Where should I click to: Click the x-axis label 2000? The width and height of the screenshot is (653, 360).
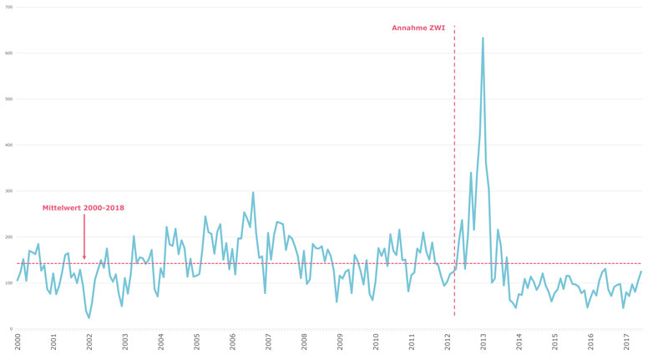[x=18, y=342]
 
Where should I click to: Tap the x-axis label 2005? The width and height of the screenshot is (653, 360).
[x=197, y=342]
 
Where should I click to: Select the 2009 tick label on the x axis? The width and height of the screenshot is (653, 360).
[x=341, y=342]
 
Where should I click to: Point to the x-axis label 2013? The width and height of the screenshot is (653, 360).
[x=483, y=342]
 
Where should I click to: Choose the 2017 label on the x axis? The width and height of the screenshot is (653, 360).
[x=627, y=342]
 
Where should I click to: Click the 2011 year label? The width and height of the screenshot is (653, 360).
[x=413, y=342]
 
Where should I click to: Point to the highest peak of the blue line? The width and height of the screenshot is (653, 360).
[x=483, y=38]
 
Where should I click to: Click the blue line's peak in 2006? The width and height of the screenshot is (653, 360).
[x=253, y=193]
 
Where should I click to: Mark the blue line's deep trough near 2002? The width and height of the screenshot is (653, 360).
[x=89, y=317]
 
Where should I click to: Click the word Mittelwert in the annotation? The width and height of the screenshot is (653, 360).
[x=63, y=207]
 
